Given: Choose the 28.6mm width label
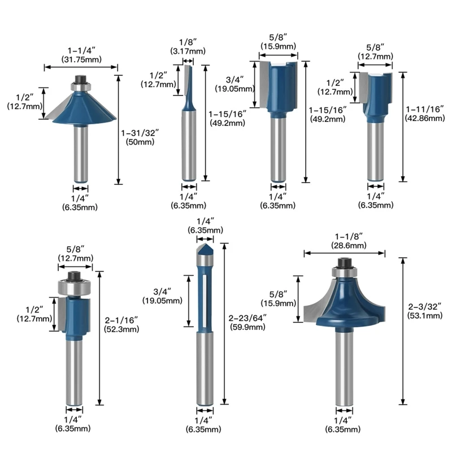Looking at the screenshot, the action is (x=344, y=245).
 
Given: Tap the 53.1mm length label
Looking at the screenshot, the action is (x=424, y=316).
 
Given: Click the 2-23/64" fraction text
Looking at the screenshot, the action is (x=247, y=317).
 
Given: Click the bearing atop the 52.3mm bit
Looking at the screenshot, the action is (x=73, y=286).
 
